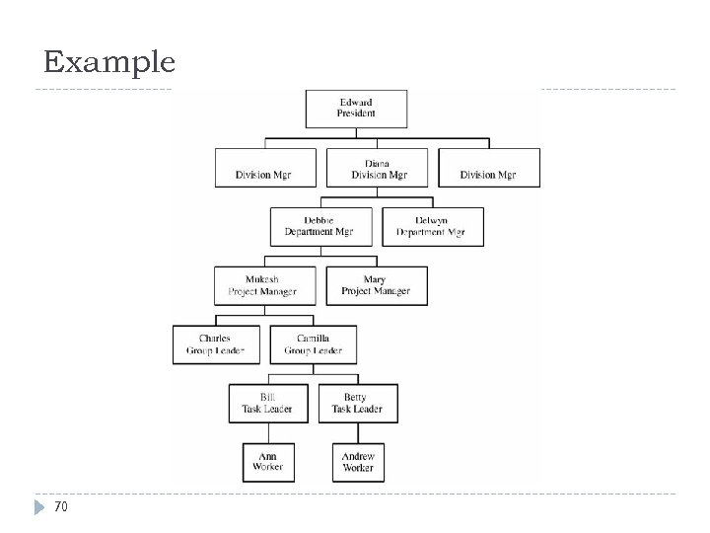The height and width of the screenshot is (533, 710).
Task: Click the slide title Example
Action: [109, 64]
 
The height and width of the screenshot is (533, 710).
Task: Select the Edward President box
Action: [357, 108]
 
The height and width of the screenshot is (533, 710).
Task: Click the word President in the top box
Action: [357, 114]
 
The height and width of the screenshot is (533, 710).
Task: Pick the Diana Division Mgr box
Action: [377, 168]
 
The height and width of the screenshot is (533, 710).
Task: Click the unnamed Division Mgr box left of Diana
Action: [265, 168]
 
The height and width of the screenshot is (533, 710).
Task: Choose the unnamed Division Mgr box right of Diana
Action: [488, 168]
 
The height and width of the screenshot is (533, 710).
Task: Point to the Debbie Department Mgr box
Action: [319, 226]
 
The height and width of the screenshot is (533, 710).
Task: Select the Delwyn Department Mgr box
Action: [432, 226]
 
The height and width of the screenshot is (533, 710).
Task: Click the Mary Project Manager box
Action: [376, 285]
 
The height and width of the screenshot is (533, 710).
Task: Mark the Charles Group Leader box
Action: [215, 343]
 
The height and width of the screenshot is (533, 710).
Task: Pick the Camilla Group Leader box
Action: [313, 343]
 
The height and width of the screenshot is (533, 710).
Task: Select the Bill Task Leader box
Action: [266, 403]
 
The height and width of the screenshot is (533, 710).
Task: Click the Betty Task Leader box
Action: [356, 403]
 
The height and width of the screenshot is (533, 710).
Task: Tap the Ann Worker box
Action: [266, 461]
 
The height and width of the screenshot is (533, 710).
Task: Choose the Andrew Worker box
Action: [357, 461]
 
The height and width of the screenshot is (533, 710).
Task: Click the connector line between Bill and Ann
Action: [266, 432]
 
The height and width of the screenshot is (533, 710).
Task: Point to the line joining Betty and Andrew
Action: [357, 432]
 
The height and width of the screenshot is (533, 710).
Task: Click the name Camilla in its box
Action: [313, 338]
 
